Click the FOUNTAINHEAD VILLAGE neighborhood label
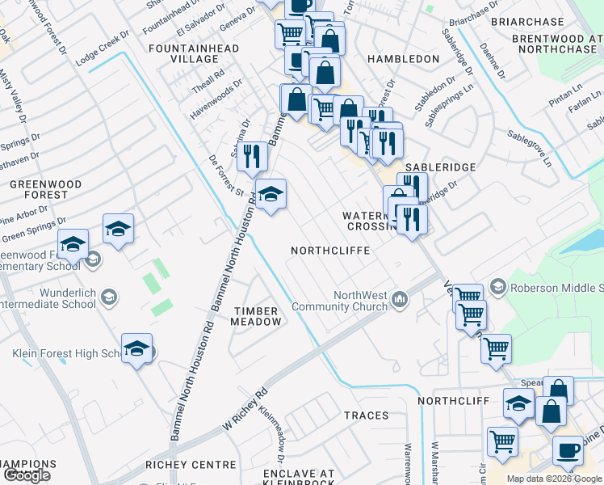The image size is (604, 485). pyautogui.click(x=194, y=54)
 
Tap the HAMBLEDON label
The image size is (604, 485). pyautogui.click(x=403, y=59)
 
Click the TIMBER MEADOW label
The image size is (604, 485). pyautogui.click(x=258, y=316)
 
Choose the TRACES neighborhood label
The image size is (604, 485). pyautogui.click(x=366, y=415)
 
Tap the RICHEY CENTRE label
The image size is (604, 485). pyautogui.click(x=191, y=465)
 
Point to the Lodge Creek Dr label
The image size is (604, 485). pyautogui.click(x=103, y=50)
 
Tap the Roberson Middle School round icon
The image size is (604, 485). pyautogui.click(x=497, y=287)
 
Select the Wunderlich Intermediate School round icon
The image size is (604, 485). pyautogui.click(x=107, y=300)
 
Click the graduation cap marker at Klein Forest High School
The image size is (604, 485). pyautogui.click(x=137, y=348)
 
